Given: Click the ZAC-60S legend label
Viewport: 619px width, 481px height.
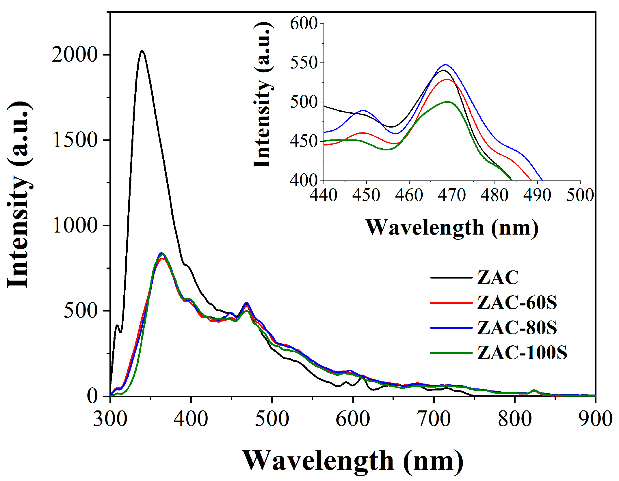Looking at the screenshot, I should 517,303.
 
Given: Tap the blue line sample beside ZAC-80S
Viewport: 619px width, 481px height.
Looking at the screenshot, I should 451,328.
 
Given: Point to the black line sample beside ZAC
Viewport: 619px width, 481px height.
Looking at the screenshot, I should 451,277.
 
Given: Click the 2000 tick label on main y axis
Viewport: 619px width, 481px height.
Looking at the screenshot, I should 75,55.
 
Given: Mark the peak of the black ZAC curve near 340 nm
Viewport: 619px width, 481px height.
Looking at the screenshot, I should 142,51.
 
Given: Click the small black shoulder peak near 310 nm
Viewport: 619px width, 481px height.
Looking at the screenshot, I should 117,325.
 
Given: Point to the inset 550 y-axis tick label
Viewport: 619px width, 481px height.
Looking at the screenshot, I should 304,63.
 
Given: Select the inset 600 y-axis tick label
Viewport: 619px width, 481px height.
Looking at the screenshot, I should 304,23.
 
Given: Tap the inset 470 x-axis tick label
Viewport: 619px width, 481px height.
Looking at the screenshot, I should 452,195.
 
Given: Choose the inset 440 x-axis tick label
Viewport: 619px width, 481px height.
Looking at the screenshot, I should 324,195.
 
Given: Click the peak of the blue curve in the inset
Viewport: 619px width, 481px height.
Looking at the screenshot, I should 446,65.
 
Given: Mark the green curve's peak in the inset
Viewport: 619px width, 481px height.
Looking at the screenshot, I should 448,102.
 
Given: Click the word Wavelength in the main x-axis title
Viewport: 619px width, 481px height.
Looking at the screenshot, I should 318,461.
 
